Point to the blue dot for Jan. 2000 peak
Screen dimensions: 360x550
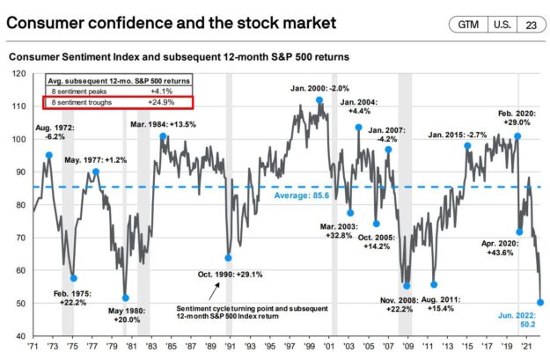[x=319, y=100]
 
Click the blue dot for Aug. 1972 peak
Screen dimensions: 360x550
[x=48, y=155]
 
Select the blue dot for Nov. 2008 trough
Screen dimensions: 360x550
[x=407, y=285]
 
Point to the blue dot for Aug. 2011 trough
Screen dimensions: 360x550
[x=434, y=284]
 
